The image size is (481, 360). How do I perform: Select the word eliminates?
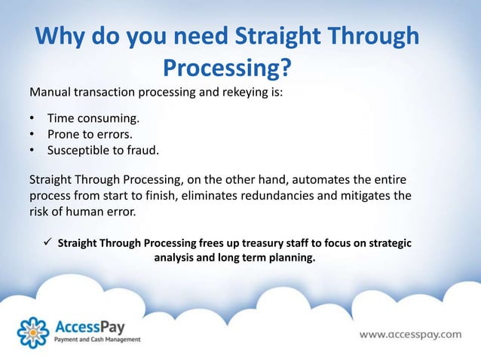[x=247, y=197]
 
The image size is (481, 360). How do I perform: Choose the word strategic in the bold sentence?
[x=383, y=244]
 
